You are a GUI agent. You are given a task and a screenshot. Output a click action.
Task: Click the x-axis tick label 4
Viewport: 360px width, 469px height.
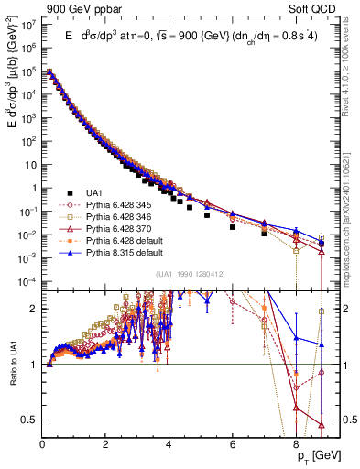tap(169, 442)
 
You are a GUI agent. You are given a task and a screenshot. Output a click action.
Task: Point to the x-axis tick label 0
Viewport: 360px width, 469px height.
tap(43, 442)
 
